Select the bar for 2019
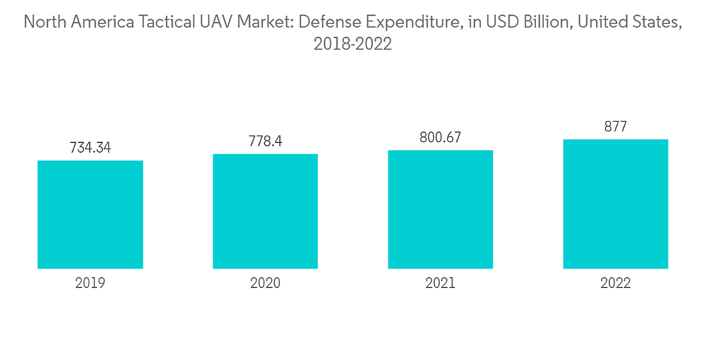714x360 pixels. (90, 214)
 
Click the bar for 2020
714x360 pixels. (265, 211)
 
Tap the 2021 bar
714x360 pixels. (441, 209)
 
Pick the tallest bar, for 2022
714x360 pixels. (615, 204)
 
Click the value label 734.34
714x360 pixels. (90, 148)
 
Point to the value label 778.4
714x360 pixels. (265, 141)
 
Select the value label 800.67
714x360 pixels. (441, 138)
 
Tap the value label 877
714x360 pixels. (615, 127)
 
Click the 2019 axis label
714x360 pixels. (90, 283)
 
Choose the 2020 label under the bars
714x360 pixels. (265, 283)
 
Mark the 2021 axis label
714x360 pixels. (441, 283)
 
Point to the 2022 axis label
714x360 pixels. (615, 283)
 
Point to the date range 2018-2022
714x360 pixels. (353, 44)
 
